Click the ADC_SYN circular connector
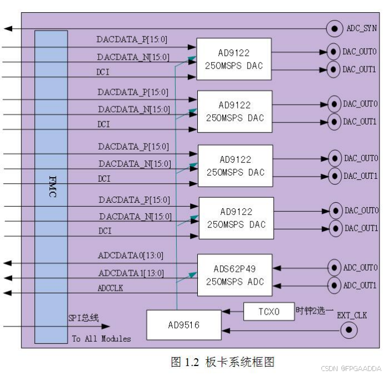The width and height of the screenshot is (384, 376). (334, 28)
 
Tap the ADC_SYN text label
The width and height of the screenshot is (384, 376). (362, 28)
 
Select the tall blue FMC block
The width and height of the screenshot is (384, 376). (51, 187)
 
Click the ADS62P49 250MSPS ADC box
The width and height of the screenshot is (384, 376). (235, 275)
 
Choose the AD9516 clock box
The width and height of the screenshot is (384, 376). (183, 325)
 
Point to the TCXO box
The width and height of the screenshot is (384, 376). (268, 312)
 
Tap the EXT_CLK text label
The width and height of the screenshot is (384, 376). (352, 315)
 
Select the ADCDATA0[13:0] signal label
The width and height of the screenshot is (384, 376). (131, 255)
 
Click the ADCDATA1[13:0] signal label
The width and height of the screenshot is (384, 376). (131, 273)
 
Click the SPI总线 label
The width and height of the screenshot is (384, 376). (83, 318)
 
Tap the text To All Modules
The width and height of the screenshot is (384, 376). (101, 338)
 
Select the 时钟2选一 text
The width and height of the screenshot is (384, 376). (315, 311)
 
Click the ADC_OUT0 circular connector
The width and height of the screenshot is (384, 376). (334, 267)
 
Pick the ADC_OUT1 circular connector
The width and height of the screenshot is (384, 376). (334, 285)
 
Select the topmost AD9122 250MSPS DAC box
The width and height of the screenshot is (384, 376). (233, 59)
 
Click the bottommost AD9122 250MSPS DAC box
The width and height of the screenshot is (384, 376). (236, 218)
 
